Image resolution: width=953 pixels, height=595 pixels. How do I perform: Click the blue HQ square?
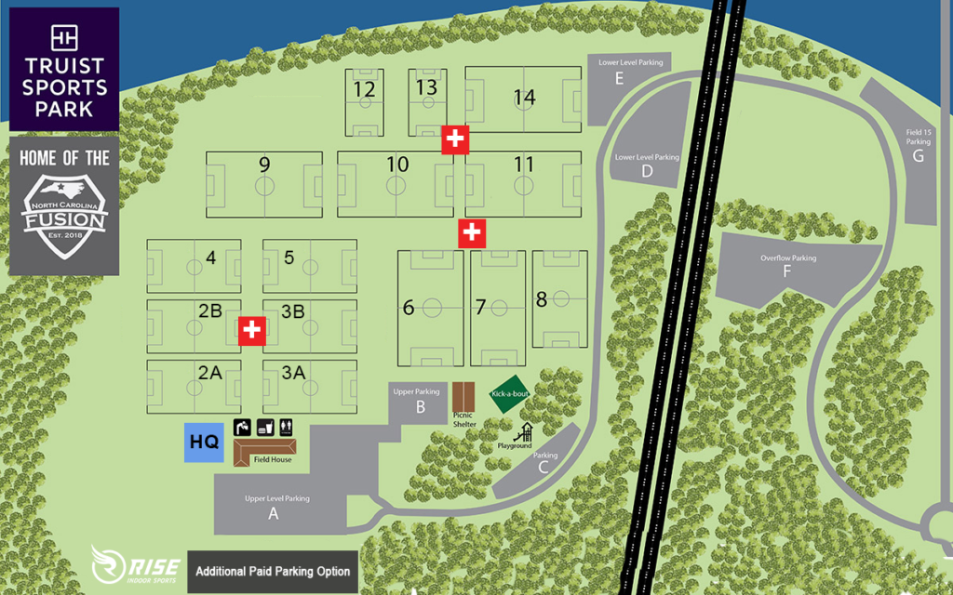pos(204,443)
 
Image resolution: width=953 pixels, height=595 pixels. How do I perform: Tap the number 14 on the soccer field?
pos(524,97)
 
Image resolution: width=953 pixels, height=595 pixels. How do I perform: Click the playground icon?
pos(524,432)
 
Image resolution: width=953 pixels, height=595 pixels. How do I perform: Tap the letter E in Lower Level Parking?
pos(619,78)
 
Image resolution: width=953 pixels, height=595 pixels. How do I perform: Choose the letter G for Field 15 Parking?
pos(919,155)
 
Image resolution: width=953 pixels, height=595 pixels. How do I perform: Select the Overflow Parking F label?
pos(787,271)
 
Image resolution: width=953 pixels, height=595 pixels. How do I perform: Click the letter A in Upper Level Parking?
pos(274,513)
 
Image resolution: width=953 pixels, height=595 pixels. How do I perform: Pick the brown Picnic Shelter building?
pos(463,398)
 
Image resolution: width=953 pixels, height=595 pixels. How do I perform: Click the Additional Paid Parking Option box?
pos(273,571)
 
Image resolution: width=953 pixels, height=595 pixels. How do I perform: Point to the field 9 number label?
pos(264,165)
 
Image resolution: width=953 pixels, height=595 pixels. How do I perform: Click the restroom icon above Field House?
pos(287,427)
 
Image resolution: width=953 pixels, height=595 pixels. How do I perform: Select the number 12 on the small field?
pos(365,89)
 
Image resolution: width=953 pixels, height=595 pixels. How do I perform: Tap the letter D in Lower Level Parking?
pos(647,172)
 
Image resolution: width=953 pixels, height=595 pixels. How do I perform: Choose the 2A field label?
pos(209,373)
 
